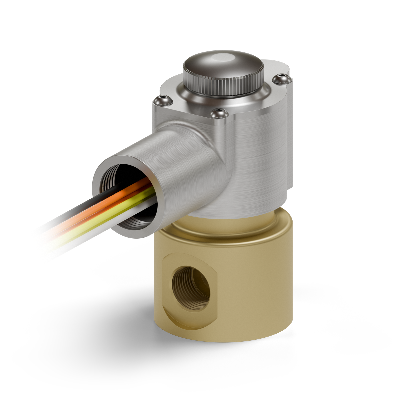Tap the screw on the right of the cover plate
(x=282, y=79)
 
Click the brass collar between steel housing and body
(x=233, y=230)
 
